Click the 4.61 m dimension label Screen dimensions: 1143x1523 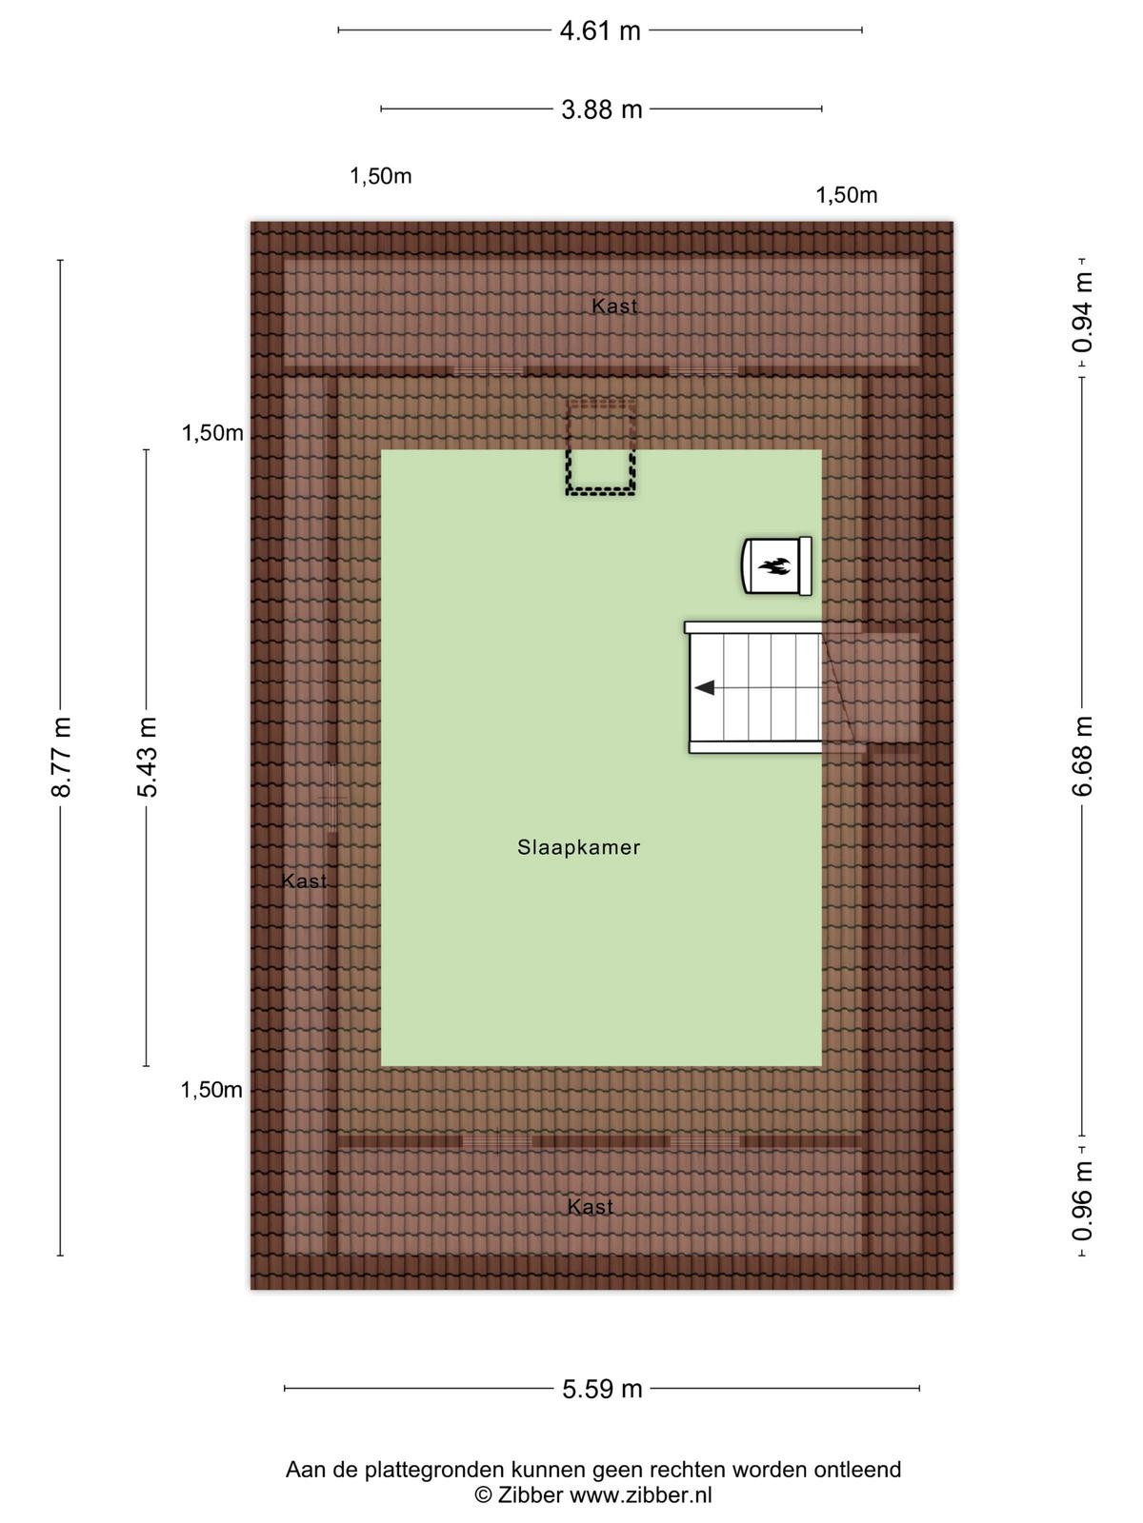(x=600, y=31)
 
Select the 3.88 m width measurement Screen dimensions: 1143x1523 (x=602, y=109)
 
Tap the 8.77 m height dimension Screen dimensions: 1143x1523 (x=61, y=757)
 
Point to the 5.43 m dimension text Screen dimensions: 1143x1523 (x=147, y=757)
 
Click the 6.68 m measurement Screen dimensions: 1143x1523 (x=1082, y=756)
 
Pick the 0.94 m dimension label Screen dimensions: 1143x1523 (x=1082, y=312)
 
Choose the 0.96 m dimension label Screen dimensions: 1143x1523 (x=1082, y=1200)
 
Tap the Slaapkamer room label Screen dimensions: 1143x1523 (x=578, y=847)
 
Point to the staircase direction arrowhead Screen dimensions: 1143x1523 (x=705, y=687)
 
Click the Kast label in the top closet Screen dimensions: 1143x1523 (x=614, y=306)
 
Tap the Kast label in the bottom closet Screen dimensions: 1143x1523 (x=590, y=1207)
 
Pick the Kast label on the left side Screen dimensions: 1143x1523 (x=304, y=881)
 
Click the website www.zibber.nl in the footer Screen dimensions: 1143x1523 (x=640, y=1494)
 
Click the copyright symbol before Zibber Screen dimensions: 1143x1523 (x=483, y=1494)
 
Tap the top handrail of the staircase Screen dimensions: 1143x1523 (x=753, y=627)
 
